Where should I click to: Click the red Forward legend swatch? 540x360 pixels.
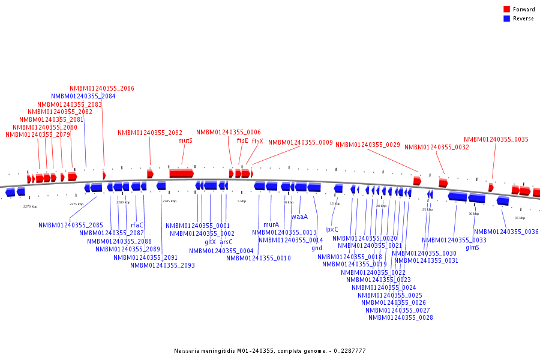[506, 9]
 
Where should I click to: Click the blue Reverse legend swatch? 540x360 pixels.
[506, 19]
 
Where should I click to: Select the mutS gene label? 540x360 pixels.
[185, 140]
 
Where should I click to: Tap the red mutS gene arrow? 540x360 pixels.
[181, 173]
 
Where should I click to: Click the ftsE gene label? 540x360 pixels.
[242, 140]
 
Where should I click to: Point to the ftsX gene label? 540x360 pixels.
[257, 141]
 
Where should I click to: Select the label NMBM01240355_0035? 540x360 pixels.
[496, 139]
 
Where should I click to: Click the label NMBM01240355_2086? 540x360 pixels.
[101, 88]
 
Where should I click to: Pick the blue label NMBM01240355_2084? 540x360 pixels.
[83, 96]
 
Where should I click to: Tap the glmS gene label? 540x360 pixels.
[472, 247]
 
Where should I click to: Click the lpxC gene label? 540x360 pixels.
[332, 229]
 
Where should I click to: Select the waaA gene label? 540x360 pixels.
[299, 217]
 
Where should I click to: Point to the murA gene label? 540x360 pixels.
[271, 224]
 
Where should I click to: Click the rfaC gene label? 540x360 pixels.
[137, 226]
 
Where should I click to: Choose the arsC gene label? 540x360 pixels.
[226, 242]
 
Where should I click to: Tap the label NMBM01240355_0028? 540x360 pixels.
[400, 317]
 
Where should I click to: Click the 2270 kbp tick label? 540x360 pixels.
[30, 206]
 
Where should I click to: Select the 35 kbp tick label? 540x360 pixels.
[520, 218]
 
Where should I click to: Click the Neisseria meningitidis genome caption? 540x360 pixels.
[269, 350]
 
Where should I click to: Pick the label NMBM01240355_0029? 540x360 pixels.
[367, 145]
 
